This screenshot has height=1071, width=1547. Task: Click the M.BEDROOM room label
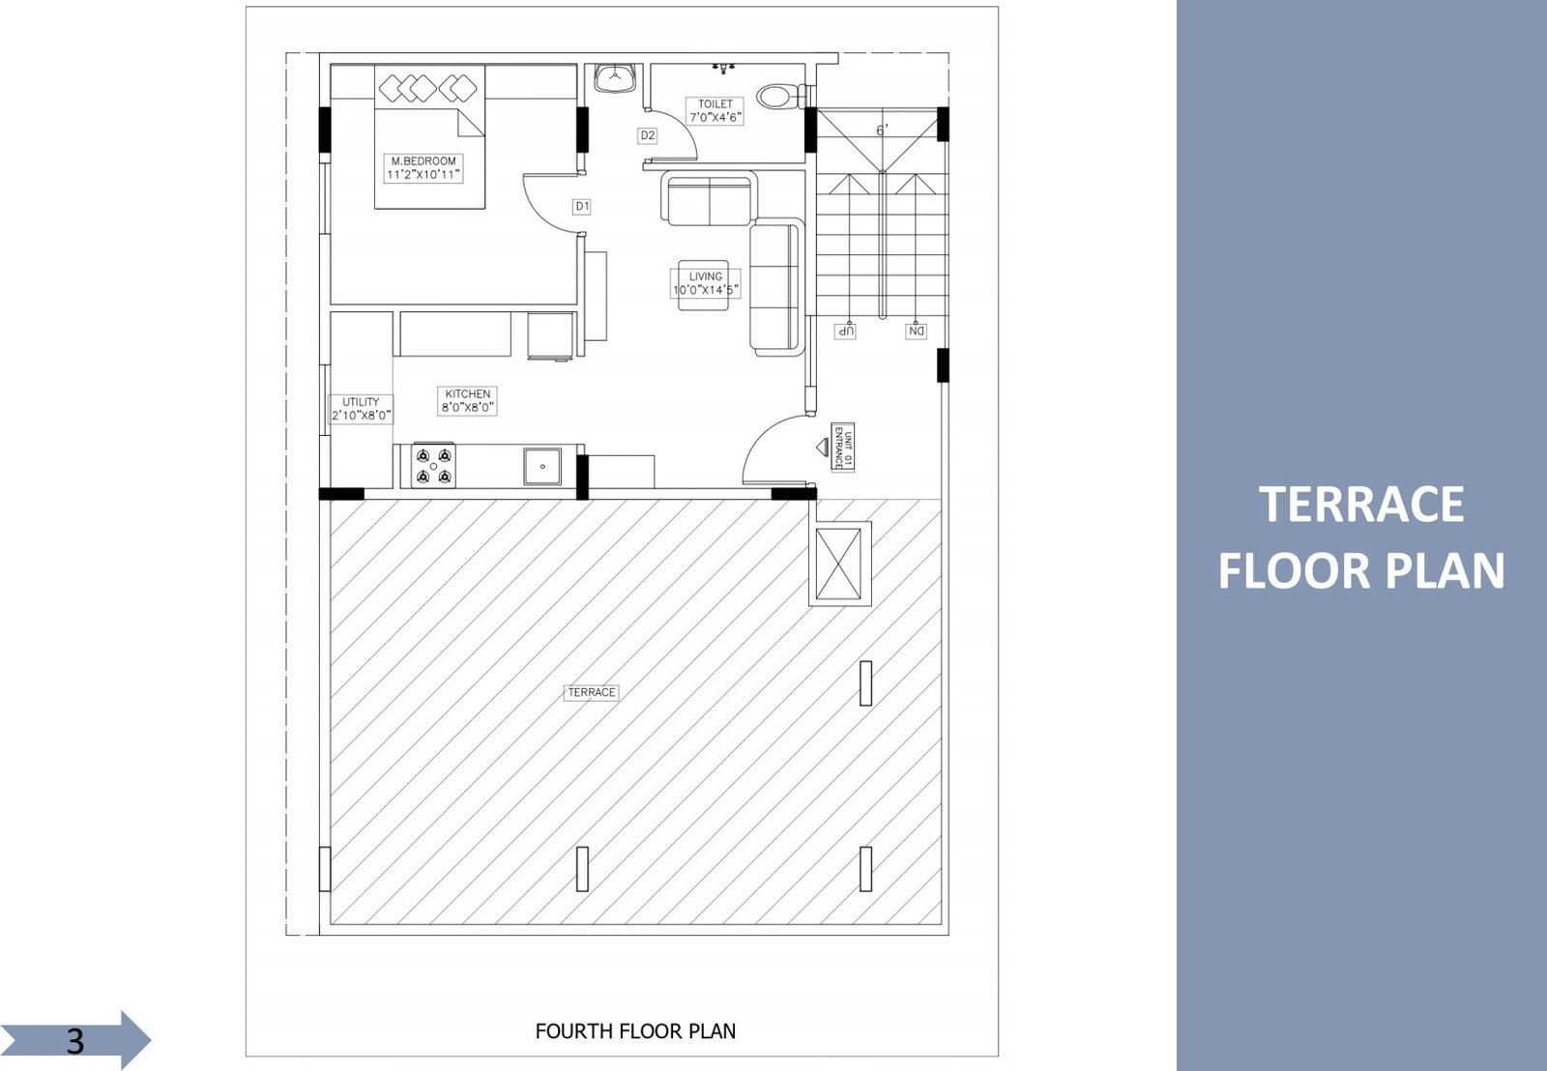(x=423, y=168)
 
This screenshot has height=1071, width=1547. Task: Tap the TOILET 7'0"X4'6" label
(x=715, y=111)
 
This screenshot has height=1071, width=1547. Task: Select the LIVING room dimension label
(x=705, y=283)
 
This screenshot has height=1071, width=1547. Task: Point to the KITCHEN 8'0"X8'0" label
(x=468, y=400)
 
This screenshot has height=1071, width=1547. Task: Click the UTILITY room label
(x=362, y=409)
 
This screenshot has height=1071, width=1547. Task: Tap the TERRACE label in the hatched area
(x=591, y=692)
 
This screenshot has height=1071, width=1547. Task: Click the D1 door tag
(x=582, y=206)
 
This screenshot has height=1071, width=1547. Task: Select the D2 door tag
(x=647, y=135)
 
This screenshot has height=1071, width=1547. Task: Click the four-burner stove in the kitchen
(x=434, y=466)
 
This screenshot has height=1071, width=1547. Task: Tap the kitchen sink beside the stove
(x=542, y=466)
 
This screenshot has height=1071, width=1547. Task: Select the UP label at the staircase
(x=845, y=331)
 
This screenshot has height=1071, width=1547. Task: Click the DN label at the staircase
(x=916, y=331)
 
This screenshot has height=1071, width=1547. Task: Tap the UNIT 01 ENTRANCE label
(x=842, y=448)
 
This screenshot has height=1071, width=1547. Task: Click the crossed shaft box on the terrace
(x=838, y=564)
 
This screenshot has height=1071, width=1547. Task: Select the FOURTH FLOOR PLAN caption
(x=635, y=1031)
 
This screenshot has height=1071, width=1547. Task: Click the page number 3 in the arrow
(x=75, y=1041)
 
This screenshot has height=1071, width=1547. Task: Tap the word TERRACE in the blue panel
(x=1361, y=504)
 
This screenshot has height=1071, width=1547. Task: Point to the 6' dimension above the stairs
(x=882, y=130)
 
